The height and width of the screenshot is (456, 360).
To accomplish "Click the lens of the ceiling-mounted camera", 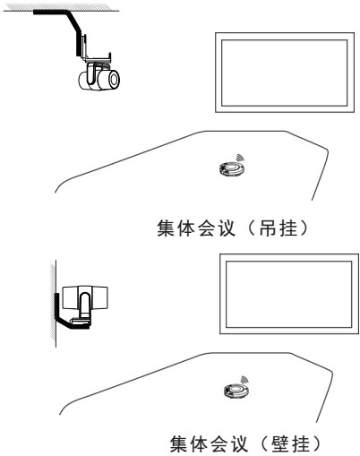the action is click(x=114, y=79).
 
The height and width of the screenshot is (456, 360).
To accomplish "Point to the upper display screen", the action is click(x=285, y=73).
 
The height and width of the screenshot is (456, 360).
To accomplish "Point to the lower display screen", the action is click(x=289, y=294).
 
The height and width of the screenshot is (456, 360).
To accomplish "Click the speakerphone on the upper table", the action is click(x=232, y=168).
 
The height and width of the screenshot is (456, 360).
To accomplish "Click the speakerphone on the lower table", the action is click(x=236, y=391).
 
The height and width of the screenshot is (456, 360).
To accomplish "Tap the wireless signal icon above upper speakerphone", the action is click(x=240, y=158).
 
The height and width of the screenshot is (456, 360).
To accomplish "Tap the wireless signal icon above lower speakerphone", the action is click(x=244, y=380).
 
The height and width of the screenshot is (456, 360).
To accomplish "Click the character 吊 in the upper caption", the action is click(x=269, y=228).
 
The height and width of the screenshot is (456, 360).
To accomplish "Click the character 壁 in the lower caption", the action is click(x=281, y=444).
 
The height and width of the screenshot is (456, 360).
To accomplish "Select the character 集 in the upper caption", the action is click(x=167, y=228).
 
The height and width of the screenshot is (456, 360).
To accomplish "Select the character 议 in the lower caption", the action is click(x=239, y=444).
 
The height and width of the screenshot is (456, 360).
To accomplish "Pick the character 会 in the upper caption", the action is click(x=206, y=228).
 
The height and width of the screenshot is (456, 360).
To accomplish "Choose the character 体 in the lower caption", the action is click(x=199, y=444).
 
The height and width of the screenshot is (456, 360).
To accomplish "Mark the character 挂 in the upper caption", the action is click(x=288, y=228).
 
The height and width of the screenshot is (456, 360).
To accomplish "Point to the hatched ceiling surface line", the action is click(x=61, y=9).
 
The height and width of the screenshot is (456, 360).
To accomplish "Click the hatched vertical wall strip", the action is click(x=53, y=304).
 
